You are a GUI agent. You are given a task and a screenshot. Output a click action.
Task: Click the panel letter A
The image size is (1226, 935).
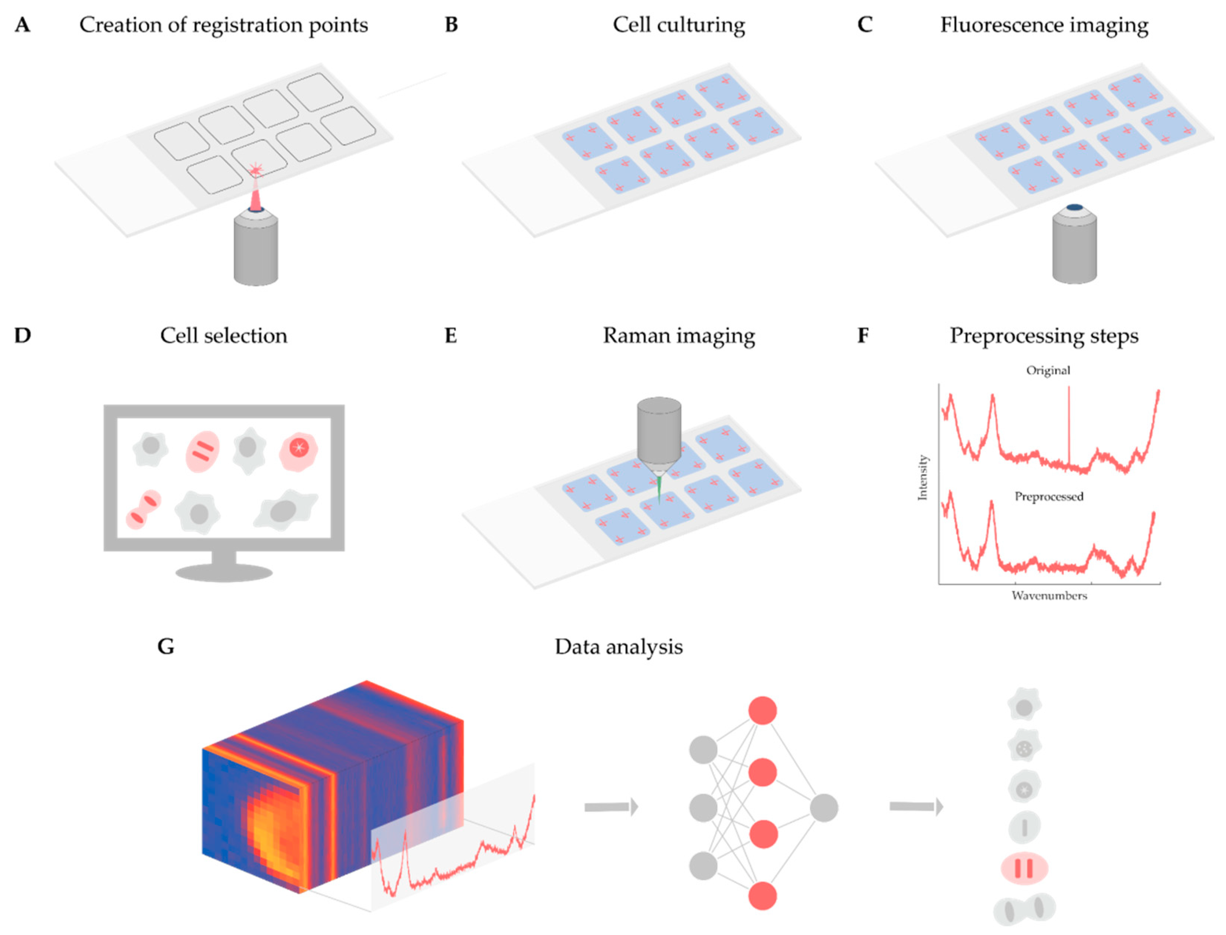click(22, 25)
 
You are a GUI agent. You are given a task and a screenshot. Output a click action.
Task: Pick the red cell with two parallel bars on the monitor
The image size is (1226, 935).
click(202, 451)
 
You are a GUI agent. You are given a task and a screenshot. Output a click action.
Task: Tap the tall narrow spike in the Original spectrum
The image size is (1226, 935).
click(1069, 423)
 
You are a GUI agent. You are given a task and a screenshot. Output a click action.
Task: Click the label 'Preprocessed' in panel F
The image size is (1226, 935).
click(1049, 496)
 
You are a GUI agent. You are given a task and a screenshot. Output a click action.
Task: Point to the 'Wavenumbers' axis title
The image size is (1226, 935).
click(1049, 596)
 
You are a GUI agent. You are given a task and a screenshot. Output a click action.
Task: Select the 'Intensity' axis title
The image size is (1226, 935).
click(923, 477)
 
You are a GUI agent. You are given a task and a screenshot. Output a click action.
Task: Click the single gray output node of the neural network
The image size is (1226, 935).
click(824, 807)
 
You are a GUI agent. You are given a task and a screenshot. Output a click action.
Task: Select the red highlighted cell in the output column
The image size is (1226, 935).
click(1024, 867)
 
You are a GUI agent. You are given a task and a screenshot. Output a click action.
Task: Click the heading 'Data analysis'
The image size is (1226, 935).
click(618, 647)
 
